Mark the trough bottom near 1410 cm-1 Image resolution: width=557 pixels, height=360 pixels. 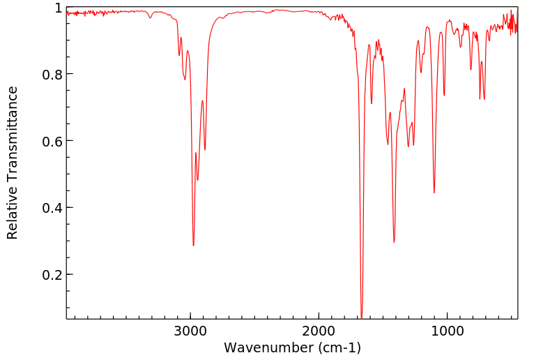pyautogui.click(x=394, y=242)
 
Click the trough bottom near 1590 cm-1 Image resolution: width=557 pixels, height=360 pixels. pyautogui.click(x=372, y=104)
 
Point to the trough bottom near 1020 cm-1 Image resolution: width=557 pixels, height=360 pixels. pyautogui.click(x=444, y=96)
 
